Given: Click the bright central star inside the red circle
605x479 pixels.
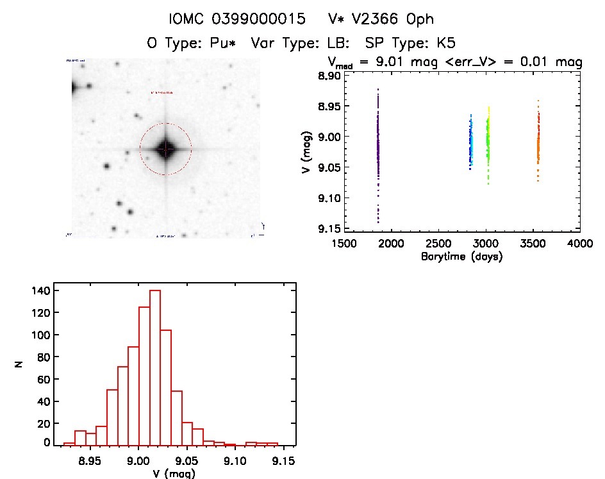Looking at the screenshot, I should point(165,149).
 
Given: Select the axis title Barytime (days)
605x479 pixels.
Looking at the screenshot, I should point(461,256).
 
